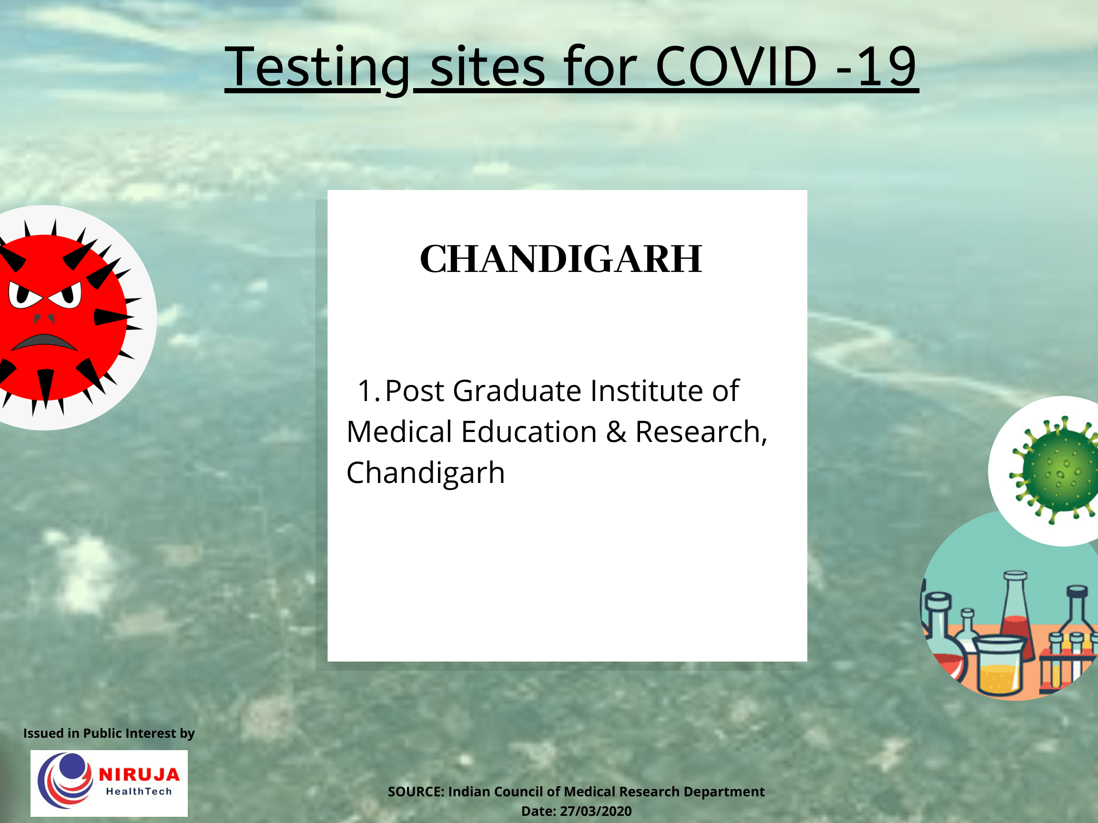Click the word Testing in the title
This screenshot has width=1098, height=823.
click(x=318, y=67)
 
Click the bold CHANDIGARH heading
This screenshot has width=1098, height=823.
click(x=561, y=259)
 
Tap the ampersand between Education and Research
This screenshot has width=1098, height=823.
click(x=616, y=432)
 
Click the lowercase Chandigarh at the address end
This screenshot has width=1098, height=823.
click(x=426, y=473)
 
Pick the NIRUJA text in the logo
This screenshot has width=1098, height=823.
click(x=139, y=774)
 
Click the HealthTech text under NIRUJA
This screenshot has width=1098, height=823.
click(x=139, y=792)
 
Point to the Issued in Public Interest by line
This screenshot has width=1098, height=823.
click(x=109, y=733)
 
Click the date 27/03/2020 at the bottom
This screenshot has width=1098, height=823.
click(x=596, y=811)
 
